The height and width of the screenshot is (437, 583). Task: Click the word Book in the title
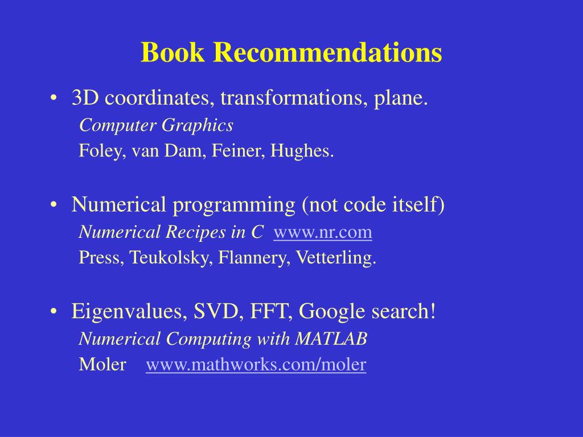pos(173,52)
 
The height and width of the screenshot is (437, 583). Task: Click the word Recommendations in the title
pos(327,52)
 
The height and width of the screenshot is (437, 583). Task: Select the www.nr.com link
pos(323,232)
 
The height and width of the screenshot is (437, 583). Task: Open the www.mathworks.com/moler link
pos(256,365)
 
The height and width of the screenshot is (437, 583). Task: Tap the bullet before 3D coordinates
pos(54,98)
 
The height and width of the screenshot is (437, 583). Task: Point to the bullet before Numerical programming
pos(54,205)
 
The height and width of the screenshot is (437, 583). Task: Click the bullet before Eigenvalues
pos(54,311)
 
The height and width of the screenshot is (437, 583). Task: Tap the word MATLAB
pos(331,339)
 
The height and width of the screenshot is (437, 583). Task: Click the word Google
pos(332,311)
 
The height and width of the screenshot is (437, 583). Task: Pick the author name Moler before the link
pos(102,365)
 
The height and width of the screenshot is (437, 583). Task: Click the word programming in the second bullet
pos(234,205)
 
